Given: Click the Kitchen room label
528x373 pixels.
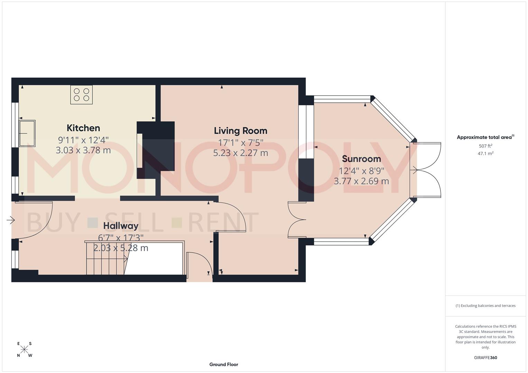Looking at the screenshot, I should pyautogui.click(x=83, y=128).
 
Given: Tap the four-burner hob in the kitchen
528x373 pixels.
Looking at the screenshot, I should pyautogui.click(x=81, y=95).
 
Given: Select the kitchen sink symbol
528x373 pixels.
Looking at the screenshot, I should pyautogui.click(x=27, y=133).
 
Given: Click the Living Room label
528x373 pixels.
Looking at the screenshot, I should pyautogui.click(x=240, y=131).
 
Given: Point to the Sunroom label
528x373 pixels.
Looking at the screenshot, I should pyautogui.click(x=361, y=159).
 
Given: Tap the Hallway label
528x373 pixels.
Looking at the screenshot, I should pyautogui.click(x=121, y=226).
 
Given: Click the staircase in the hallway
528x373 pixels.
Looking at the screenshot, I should pyautogui.click(x=107, y=258).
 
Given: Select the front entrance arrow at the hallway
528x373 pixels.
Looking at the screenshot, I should pyautogui.click(x=11, y=220).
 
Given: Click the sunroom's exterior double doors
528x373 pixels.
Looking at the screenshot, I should pyautogui.click(x=427, y=170).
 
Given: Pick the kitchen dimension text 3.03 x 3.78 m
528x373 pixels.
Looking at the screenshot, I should pyautogui.click(x=83, y=150).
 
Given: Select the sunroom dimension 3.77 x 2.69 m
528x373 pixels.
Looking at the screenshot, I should pyautogui.click(x=361, y=181).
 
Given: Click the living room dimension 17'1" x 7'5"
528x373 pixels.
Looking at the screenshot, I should pyautogui.click(x=240, y=142).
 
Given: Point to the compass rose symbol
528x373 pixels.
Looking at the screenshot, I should pyautogui.click(x=24, y=350).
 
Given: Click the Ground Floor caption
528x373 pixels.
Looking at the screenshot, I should pyautogui.click(x=223, y=364).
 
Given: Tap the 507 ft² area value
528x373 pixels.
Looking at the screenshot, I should pyautogui.click(x=485, y=146).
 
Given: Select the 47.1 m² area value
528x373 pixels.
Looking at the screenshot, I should pyautogui.click(x=485, y=154).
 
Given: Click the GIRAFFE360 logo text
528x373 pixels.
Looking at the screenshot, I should pyautogui.click(x=485, y=357).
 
